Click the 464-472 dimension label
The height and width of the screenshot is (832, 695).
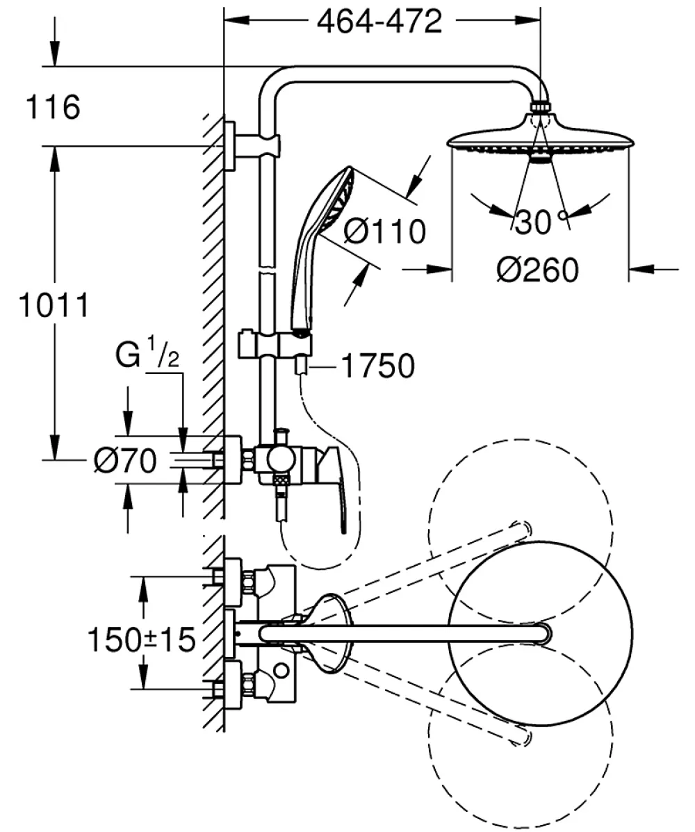379,22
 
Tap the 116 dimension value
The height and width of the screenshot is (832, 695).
53,106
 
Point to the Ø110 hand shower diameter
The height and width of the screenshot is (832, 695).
384,231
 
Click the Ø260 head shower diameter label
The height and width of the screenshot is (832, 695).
537,270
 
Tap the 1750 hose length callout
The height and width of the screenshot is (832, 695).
377,366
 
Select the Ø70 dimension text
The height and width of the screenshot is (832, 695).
125,460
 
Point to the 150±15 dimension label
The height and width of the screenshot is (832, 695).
142,639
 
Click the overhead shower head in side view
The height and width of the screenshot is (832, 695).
541,138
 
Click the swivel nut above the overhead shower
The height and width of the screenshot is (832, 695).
541,106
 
